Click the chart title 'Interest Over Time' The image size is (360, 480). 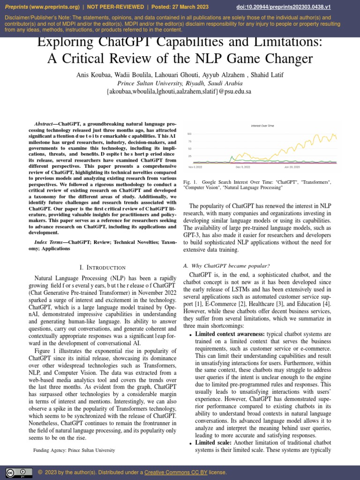(262, 126)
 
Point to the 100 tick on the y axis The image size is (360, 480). (189, 134)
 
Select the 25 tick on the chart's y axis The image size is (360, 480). (189, 156)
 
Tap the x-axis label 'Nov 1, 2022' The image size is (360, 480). (195, 167)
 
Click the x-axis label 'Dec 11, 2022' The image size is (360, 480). (243, 167)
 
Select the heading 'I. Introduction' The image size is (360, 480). (102, 267)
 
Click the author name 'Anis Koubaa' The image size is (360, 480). (92, 75)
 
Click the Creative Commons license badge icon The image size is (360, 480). (15, 472)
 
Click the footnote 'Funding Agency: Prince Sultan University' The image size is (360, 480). (74, 450)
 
